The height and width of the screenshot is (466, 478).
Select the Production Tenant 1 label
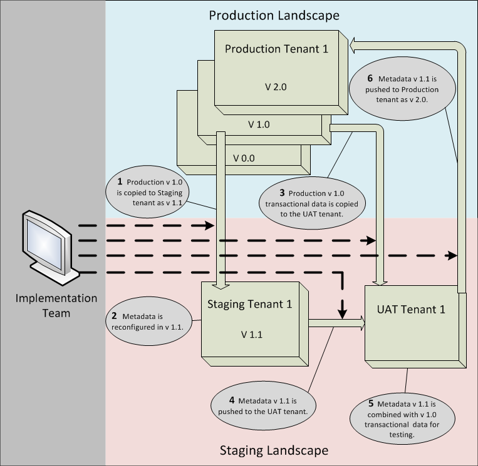pos(276,49)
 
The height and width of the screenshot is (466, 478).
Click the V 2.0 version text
pos(276,86)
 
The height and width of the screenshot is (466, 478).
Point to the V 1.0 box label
pos(259,124)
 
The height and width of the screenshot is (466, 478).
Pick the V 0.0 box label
pos(244,158)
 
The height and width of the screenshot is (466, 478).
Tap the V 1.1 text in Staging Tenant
pos(252,334)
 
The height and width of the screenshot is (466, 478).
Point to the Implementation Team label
pos(56,305)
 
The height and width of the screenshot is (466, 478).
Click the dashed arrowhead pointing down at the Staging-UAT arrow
pos(343,310)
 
